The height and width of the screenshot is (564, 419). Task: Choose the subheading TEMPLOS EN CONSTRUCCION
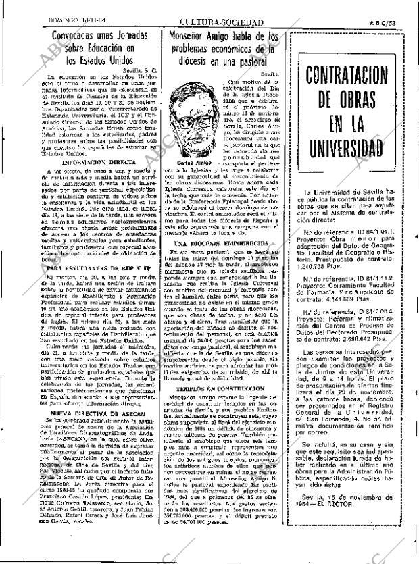pos(221,408)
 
